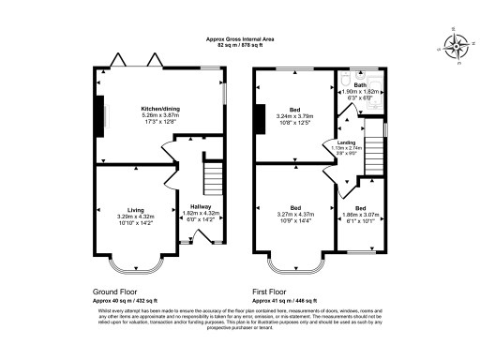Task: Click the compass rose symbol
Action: point(457,46)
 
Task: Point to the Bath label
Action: point(361,84)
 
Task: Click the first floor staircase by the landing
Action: point(374,150)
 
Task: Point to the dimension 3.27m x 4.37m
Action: point(295,215)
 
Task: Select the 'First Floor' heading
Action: point(274,292)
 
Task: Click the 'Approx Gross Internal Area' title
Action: point(240,38)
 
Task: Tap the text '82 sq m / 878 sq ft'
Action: point(240,45)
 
